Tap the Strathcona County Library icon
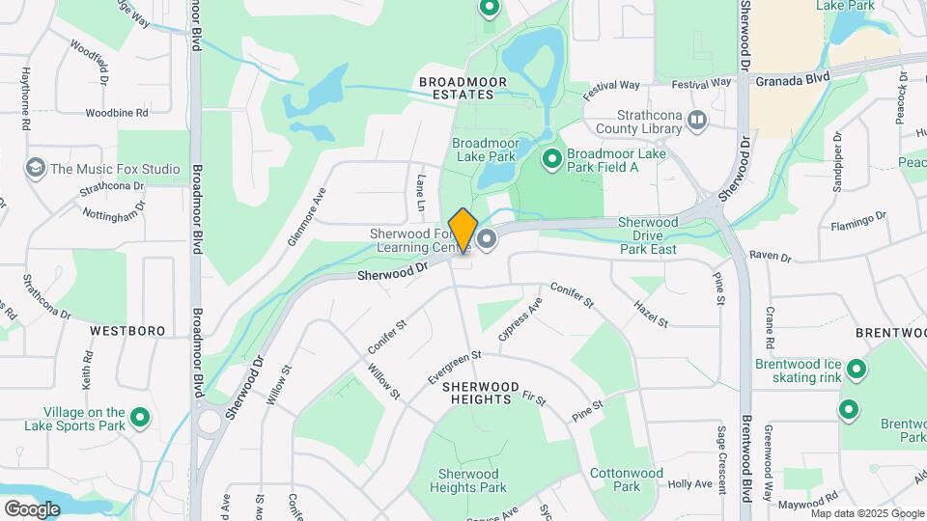click(697, 119)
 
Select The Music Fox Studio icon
click(37, 169)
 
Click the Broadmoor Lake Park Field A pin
click(552, 158)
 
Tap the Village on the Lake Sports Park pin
click(140, 418)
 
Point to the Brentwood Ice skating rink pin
click(856, 369)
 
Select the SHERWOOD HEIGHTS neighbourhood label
click(477, 392)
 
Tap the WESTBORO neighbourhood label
click(127, 331)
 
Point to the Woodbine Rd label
click(116, 113)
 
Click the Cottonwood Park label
click(627, 480)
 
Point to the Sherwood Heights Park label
click(472, 480)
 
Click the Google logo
click(32, 508)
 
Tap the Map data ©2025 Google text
click(866, 513)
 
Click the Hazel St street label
click(651, 313)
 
